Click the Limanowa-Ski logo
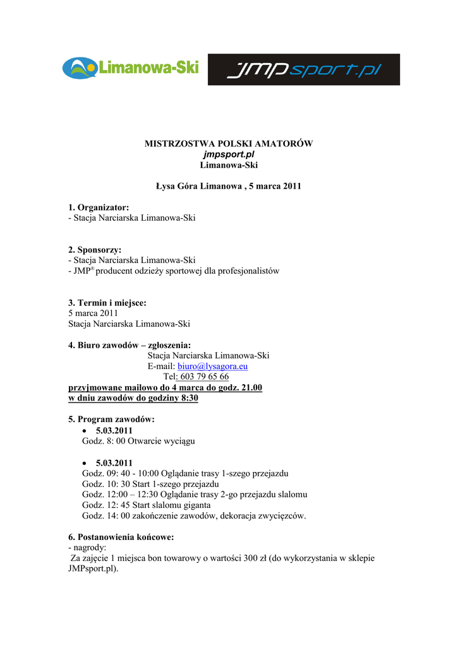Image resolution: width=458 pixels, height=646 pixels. (x=131, y=68)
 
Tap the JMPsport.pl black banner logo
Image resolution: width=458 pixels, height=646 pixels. (x=304, y=69)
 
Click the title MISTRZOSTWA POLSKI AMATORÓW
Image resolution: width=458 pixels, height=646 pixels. (x=229, y=144)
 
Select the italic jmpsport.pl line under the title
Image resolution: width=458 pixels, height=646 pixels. (x=229, y=155)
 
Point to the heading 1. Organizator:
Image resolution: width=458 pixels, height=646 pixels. (x=99, y=208)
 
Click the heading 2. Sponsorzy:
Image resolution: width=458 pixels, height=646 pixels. (x=95, y=250)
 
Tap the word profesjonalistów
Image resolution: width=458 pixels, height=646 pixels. (x=249, y=271)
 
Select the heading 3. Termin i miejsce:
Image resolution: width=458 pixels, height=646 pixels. (x=107, y=303)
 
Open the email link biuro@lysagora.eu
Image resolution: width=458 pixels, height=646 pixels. (x=212, y=366)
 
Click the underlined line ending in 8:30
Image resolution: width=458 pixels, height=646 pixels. (x=133, y=398)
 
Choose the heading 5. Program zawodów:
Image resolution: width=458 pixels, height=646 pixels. (x=111, y=420)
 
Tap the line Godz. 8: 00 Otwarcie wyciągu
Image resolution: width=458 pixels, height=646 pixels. (x=138, y=441)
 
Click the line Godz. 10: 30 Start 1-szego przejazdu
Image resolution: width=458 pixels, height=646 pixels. (x=150, y=484)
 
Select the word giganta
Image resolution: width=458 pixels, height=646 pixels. (x=196, y=505)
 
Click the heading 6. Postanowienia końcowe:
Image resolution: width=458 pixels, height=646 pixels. (x=121, y=537)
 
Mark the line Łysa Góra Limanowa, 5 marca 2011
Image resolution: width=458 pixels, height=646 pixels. (x=229, y=186)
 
